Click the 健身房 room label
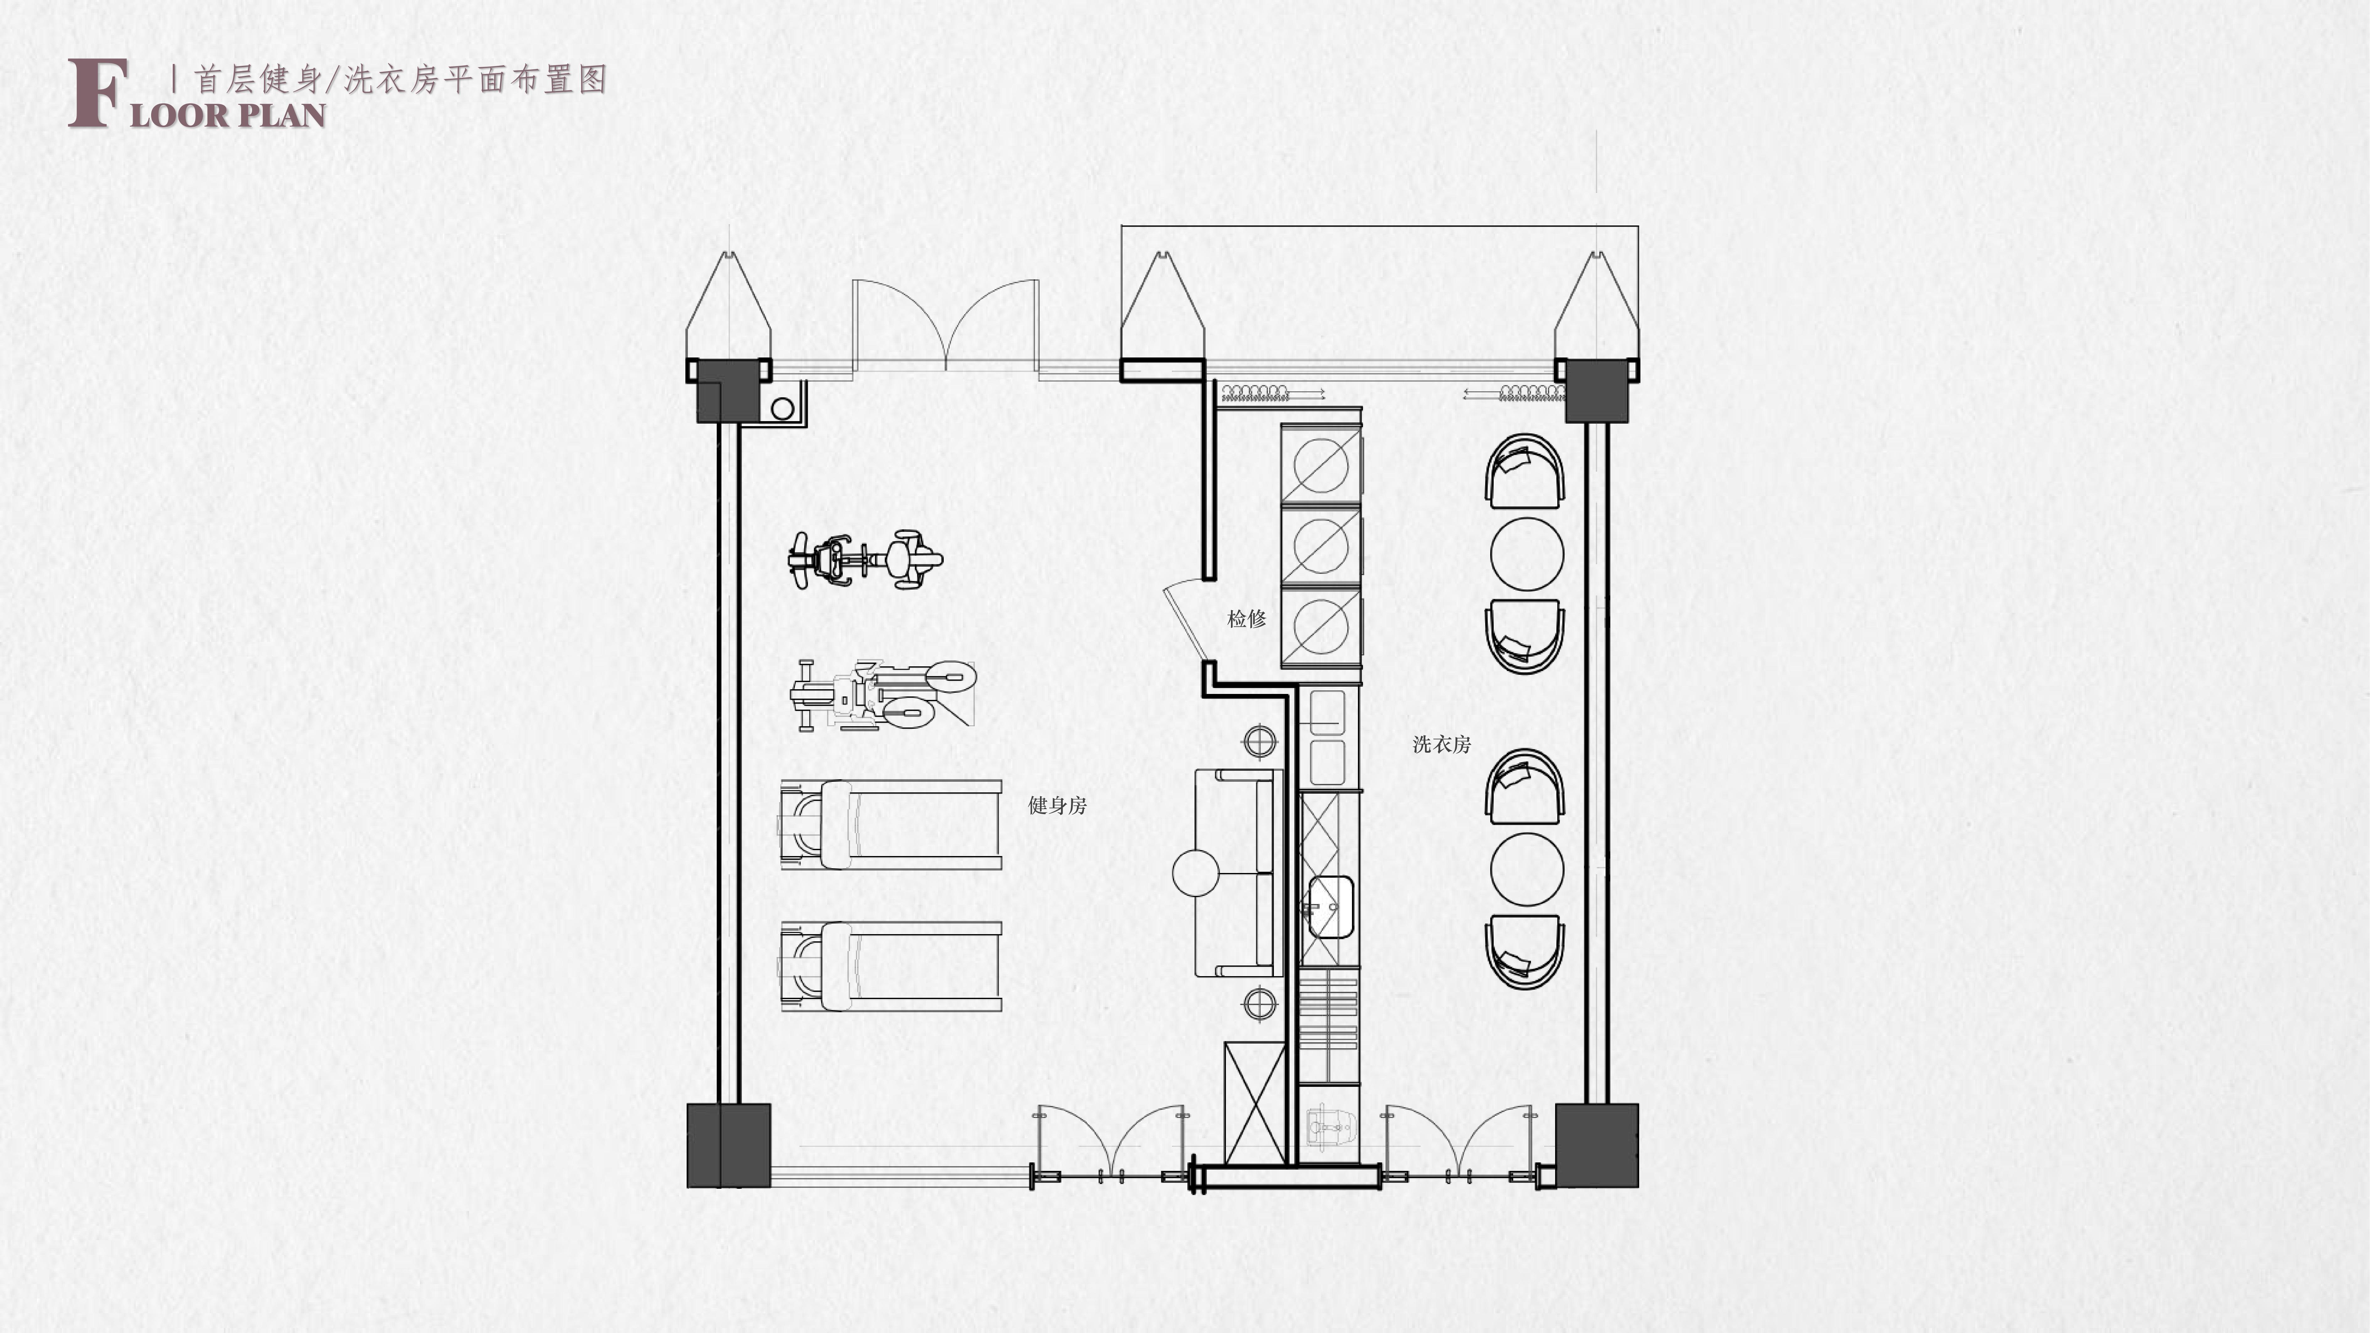click(x=1057, y=806)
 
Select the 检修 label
click(x=1247, y=619)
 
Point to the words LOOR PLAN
click(x=228, y=115)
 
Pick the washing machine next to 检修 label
click(x=1321, y=626)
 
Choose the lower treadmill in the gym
click(x=890, y=967)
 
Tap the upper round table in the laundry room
click(x=1526, y=554)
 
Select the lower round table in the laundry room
click(x=1526, y=869)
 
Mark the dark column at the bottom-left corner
click(x=729, y=1145)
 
